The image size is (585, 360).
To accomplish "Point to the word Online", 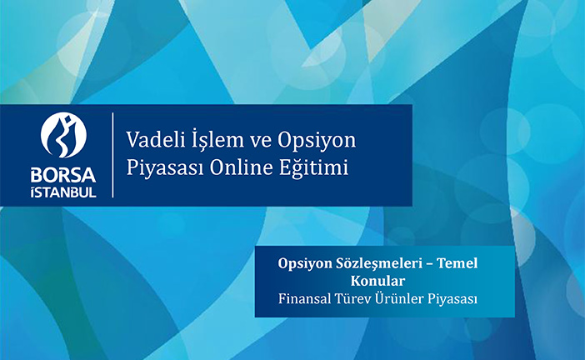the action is [x=242, y=167].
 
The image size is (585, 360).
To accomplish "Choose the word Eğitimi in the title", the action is [x=314, y=168].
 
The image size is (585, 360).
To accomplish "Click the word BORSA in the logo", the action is [x=63, y=175].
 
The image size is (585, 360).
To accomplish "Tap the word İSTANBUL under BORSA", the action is [x=63, y=192].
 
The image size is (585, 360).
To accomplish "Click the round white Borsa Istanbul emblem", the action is [x=63, y=135].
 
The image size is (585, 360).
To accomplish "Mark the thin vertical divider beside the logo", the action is [x=112, y=155].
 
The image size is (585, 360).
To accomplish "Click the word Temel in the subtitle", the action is [x=457, y=263].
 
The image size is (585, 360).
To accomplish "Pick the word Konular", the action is [x=377, y=281].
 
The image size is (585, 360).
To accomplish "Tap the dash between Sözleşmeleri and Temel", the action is [x=429, y=264].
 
